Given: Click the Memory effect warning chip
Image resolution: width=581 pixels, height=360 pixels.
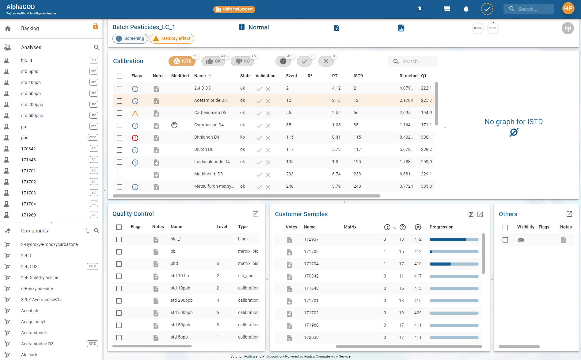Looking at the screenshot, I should click(172, 39).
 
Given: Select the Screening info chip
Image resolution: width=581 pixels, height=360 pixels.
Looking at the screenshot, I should click(130, 39).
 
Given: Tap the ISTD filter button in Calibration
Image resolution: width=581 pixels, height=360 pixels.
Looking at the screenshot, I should click(182, 61).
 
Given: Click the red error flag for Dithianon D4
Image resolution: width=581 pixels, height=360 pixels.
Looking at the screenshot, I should click(135, 138).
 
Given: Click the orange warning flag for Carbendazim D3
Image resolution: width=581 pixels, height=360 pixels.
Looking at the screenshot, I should click(135, 113).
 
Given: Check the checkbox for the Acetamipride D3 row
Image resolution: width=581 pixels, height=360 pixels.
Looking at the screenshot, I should click(120, 101).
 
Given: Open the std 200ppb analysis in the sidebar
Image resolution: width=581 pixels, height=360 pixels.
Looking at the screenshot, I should click(32, 105).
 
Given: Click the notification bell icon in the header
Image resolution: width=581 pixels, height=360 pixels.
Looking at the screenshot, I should click(466, 9).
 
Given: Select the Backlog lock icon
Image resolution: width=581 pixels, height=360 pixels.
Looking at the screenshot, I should click(95, 26).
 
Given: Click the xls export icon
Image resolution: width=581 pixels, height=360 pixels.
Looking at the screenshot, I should click(401, 28).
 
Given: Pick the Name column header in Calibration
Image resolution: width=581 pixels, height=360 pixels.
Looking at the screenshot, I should click(200, 76).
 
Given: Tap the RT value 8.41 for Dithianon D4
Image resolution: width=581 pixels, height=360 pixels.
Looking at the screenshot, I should click(336, 137).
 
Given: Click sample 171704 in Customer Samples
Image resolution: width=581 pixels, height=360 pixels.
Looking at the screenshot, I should click(311, 264).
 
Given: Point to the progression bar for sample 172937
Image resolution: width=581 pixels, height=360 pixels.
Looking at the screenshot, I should click(454, 239).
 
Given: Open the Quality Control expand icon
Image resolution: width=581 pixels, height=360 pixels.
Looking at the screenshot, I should click(256, 214).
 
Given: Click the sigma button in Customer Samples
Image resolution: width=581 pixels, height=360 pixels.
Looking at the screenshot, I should click(471, 214).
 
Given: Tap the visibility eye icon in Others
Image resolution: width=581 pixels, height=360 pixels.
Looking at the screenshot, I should click(521, 240).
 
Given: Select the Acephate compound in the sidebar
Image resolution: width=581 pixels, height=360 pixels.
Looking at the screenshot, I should click(30, 311).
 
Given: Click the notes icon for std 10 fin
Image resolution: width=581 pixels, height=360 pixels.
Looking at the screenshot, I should click(156, 277).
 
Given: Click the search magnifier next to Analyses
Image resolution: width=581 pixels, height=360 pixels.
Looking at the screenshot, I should click(97, 47).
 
